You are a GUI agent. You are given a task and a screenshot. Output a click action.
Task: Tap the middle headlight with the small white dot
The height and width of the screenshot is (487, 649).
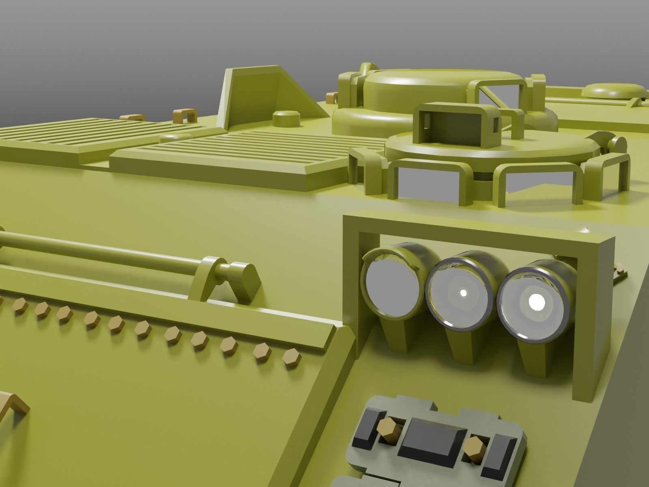point(462,292)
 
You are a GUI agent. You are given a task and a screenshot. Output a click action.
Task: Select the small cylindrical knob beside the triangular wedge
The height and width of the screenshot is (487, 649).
point(285,119)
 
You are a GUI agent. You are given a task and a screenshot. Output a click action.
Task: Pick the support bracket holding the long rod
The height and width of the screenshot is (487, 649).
point(208,276)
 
